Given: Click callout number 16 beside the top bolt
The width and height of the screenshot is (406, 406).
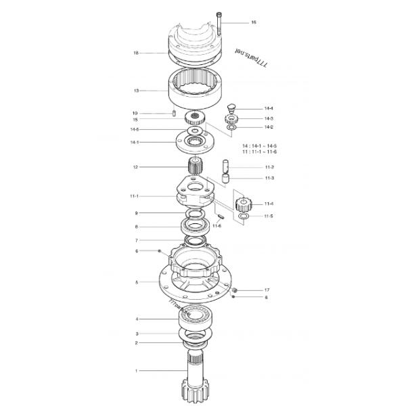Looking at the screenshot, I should click(x=254, y=22).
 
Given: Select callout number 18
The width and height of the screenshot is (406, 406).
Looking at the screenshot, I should click(x=136, y=53).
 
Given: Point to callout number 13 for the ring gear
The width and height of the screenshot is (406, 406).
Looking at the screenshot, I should click(x=136, y=89).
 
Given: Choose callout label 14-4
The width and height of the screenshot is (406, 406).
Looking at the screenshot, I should click(x=269, y=108).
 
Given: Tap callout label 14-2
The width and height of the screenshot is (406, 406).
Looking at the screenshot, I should click(x=269, y=127).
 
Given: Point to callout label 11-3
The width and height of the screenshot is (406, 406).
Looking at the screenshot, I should click(x=269, y=178).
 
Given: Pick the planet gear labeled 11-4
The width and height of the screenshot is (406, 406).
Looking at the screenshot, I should click(x=243, y=204).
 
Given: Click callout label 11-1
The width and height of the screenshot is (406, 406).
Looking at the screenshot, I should click(x=134, y=196).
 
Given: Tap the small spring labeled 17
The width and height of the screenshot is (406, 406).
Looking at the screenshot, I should click(x=233, y=290).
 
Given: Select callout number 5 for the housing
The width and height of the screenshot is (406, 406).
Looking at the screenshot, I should click(x=136, y=282).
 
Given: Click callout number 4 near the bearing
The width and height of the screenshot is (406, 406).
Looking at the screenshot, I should click(x=136, y=319).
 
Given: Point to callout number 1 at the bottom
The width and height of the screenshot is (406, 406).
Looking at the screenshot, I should click(x=136, y=371).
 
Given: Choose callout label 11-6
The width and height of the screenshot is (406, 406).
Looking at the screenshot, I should click(x=217, y=225).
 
